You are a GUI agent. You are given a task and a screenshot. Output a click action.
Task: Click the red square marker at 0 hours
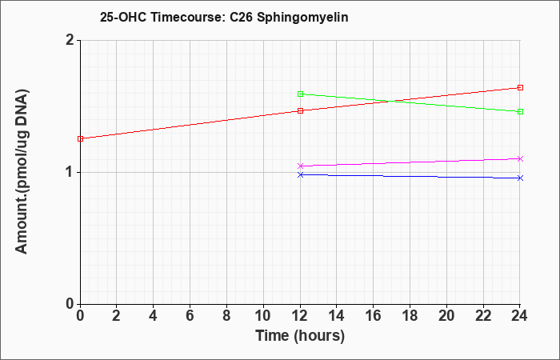80,138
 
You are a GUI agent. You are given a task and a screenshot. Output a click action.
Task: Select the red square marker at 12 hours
300,110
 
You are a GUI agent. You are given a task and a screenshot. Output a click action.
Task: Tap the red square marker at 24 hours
520,87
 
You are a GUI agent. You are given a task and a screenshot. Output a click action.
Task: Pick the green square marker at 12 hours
300,94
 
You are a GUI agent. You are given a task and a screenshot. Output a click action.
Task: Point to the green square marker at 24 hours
520,111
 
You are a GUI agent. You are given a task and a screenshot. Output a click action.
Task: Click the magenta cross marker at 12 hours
300,166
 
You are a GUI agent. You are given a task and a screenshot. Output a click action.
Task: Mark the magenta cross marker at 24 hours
520,158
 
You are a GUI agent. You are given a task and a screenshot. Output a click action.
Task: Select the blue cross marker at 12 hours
300,174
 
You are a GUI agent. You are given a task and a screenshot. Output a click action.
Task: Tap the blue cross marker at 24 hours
520,178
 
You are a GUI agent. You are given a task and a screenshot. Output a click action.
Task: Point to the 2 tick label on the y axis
70,40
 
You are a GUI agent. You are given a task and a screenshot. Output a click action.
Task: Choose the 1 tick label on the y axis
70,172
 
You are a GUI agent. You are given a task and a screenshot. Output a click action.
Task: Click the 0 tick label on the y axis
70,304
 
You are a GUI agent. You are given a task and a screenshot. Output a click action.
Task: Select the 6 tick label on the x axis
190,316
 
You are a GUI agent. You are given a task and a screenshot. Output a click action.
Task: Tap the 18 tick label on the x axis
410,316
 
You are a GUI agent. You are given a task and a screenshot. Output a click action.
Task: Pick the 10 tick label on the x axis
263,316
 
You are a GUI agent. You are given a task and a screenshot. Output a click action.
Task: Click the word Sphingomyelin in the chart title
302,18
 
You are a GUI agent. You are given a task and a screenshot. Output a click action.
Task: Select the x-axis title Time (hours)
300,336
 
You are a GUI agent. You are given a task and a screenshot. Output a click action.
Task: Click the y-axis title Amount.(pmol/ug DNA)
22,172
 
